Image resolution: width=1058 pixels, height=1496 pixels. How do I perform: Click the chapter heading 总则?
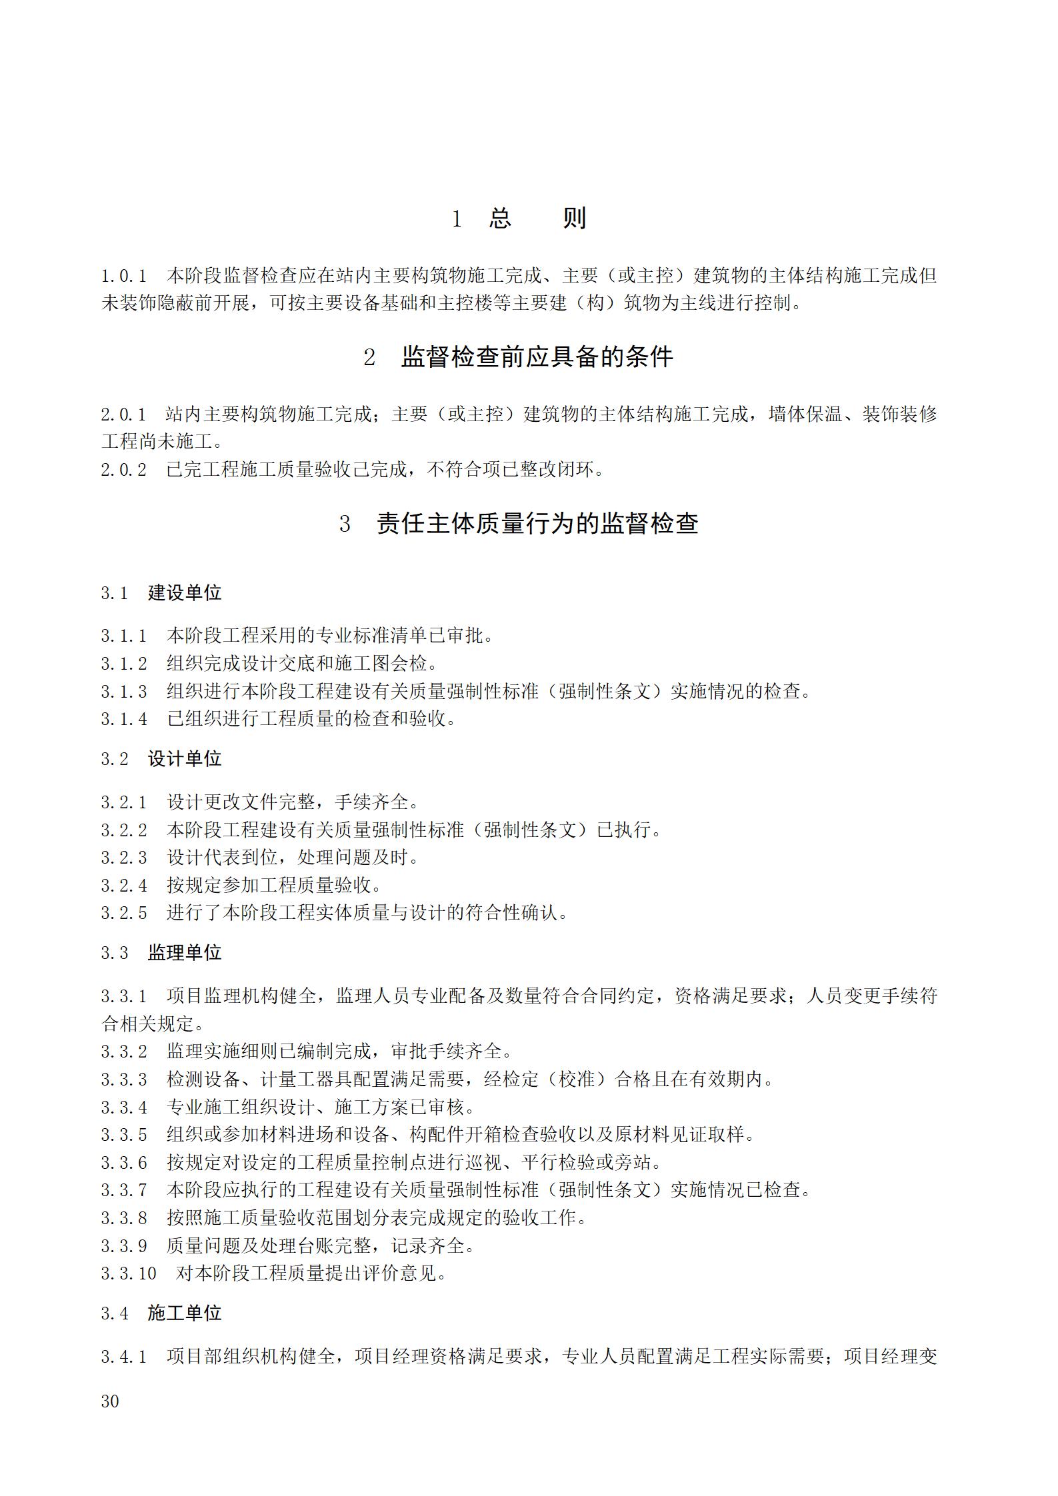537,218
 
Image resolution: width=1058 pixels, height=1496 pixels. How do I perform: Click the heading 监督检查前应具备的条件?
537,358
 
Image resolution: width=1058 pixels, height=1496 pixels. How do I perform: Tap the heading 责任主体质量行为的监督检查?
537,523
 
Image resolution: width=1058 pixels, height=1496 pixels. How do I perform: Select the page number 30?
110,1401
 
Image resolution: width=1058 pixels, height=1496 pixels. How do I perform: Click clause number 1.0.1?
124,276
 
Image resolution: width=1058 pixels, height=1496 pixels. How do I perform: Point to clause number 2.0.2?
124,470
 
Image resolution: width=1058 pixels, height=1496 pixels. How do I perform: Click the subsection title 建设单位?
185,592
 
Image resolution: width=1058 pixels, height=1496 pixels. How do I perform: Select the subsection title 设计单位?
185,758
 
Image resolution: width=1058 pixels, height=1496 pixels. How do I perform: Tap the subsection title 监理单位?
185,952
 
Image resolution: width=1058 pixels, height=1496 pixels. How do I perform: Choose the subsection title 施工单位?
185,1313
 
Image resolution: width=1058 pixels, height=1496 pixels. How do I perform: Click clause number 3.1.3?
124,692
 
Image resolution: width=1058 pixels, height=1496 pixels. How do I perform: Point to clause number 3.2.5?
124,913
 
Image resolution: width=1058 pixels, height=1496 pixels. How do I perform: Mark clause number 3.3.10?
129,1273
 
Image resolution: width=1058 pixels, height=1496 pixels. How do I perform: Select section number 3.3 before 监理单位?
114,953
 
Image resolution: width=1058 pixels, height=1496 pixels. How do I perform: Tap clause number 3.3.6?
124,1163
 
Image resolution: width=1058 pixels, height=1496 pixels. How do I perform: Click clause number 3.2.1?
124,802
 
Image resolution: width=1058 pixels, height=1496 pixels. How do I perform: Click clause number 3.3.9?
124,1245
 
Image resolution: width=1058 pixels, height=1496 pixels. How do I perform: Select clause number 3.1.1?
124,636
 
